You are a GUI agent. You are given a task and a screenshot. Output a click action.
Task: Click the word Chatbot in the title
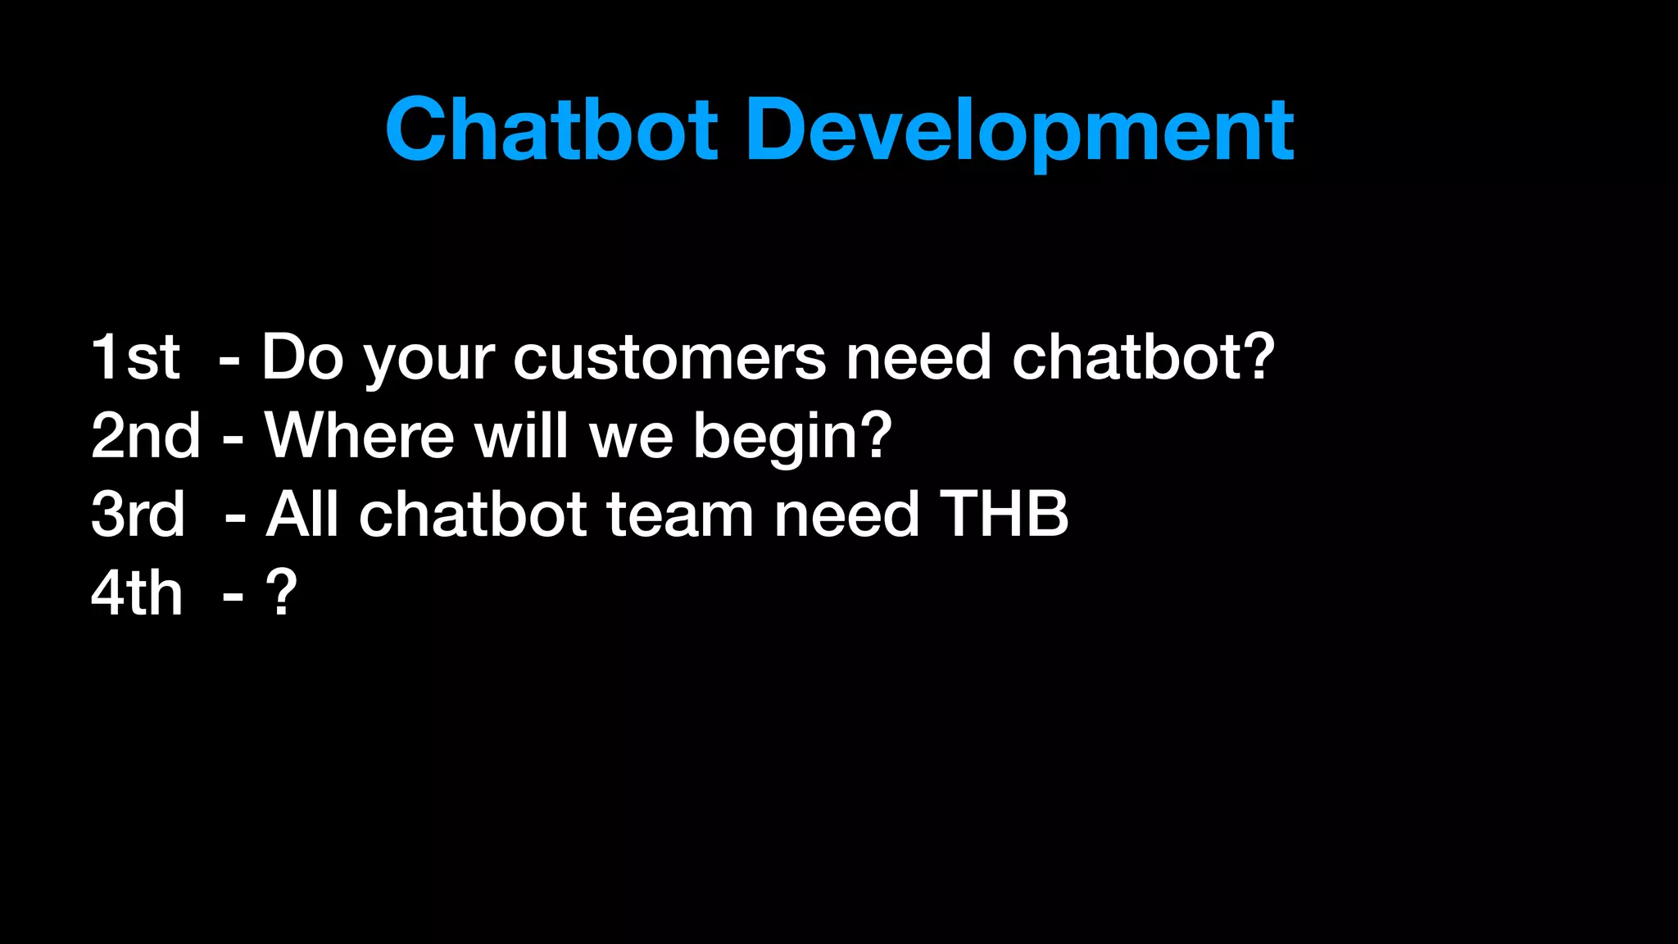[551, 129]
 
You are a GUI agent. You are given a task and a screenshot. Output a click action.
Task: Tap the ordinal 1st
[135, 357]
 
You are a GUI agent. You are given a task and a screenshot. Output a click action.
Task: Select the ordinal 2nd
[146, 436]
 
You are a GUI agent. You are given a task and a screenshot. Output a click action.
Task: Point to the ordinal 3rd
[138, 515]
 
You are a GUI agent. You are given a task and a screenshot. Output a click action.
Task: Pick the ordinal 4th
[136, 592]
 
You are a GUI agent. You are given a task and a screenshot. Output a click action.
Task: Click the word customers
[669, 357]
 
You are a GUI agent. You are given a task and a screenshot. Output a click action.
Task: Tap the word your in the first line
[429, 361]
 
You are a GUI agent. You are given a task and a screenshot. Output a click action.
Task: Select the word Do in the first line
[302, 357]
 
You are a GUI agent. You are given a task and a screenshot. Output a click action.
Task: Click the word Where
[359, 436]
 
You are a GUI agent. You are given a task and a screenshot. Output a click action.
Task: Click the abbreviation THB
[1004, 515]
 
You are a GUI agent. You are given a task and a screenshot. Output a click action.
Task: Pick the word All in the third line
[302, 515]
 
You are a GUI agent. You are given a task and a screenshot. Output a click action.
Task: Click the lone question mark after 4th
[281, 592]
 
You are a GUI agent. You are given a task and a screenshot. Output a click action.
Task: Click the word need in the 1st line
[918, 357]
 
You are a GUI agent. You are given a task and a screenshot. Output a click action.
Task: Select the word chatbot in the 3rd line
[473, 515]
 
